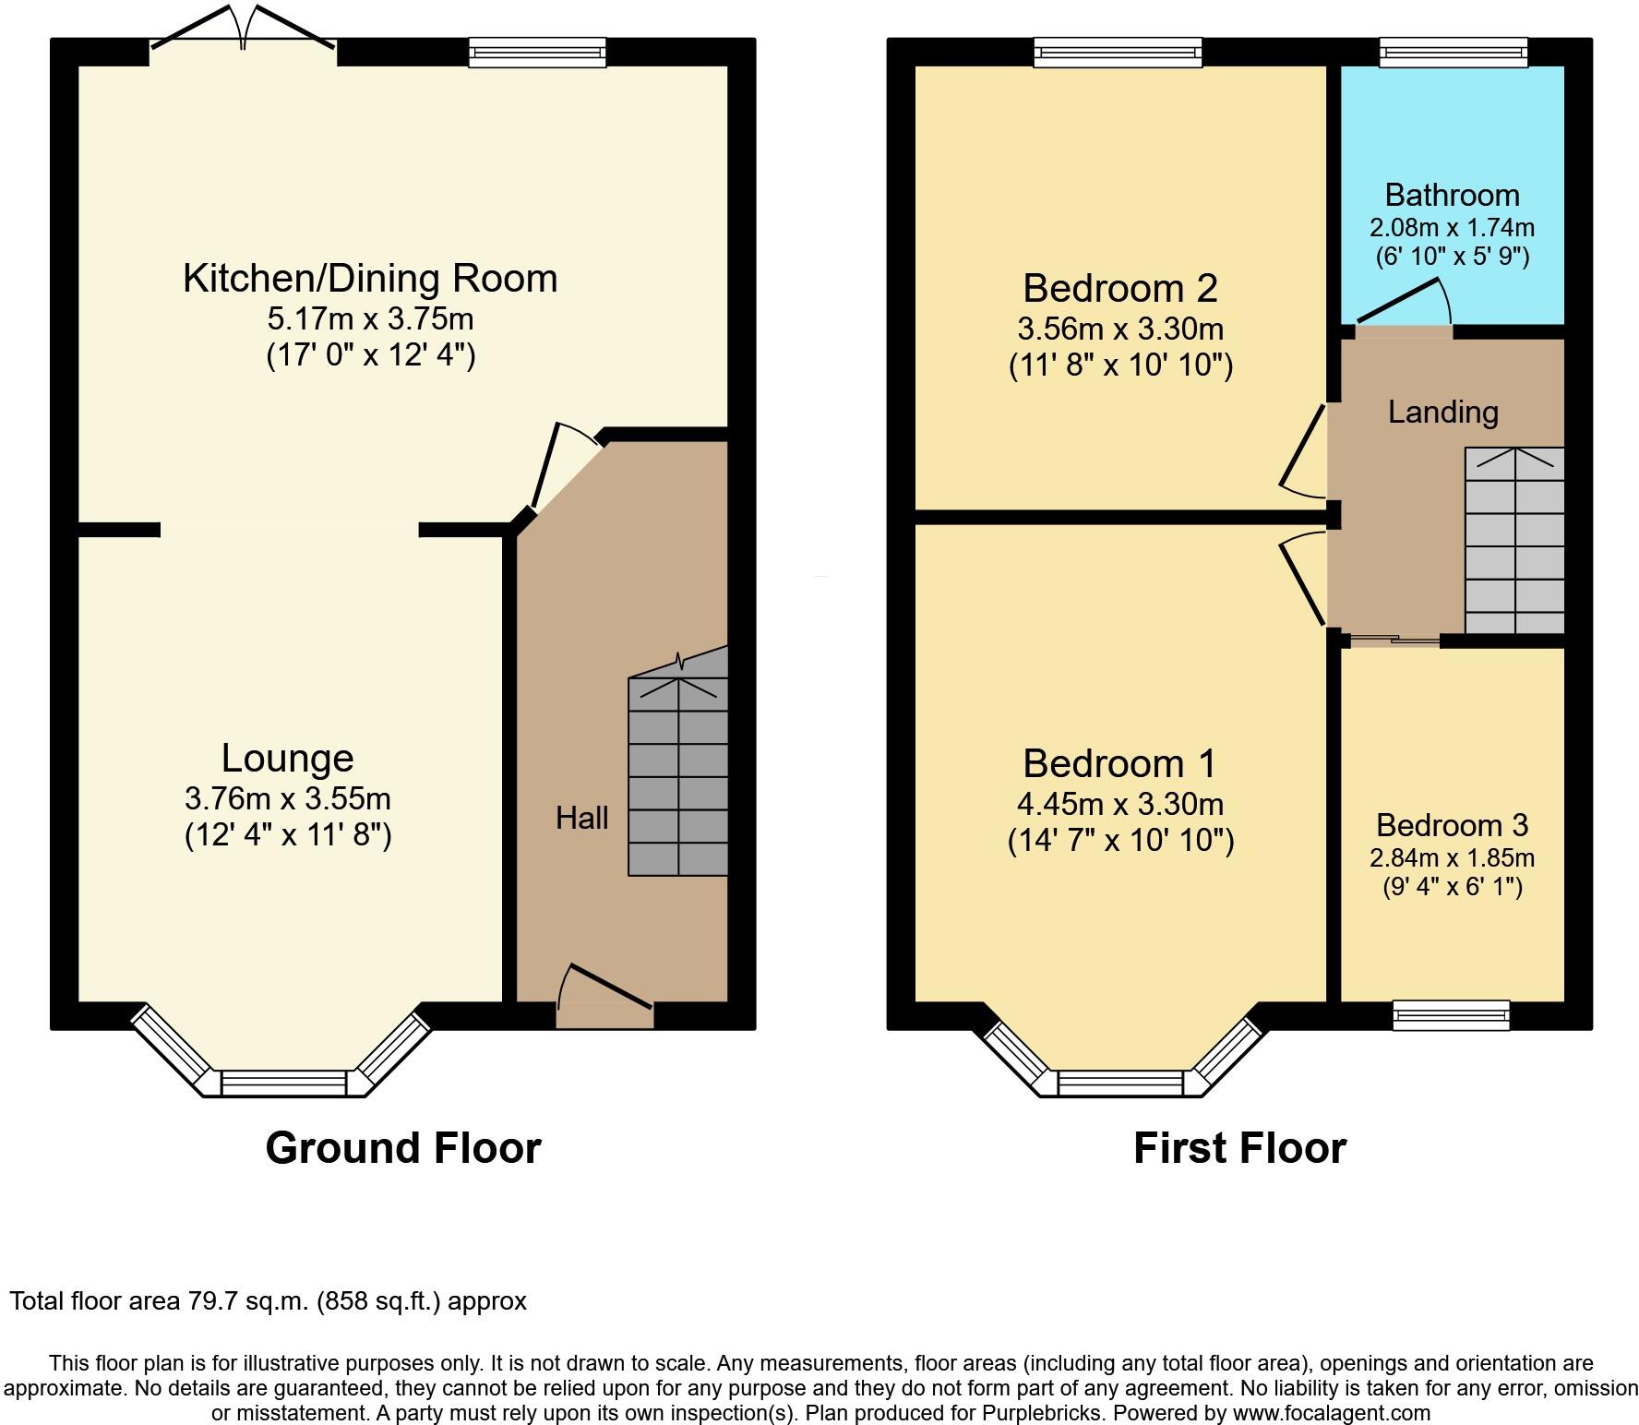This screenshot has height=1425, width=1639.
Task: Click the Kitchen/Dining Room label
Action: (370, 278)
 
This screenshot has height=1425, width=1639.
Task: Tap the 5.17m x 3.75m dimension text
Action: (370, 319)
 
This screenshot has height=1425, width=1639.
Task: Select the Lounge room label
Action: (287, 758)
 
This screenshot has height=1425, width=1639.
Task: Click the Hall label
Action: (581, 818)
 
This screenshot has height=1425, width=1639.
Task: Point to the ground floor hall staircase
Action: (678, 775)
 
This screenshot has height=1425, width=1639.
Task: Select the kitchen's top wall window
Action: (537, 52)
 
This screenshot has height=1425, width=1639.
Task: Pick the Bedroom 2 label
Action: (1119, 288)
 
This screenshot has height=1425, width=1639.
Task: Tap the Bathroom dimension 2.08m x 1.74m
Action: (1452, 227)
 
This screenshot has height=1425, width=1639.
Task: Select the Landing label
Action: (1442, 412)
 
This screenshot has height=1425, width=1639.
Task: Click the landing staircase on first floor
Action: (1514, 540)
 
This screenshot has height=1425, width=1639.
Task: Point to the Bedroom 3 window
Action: (1451, 1015)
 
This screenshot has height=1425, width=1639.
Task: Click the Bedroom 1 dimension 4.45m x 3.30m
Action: (1120, 804)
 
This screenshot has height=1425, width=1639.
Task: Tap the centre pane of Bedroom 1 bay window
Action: (1119, 1083)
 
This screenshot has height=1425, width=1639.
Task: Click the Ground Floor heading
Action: (402, 1148)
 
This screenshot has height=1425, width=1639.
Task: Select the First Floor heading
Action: (1238, 1148)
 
